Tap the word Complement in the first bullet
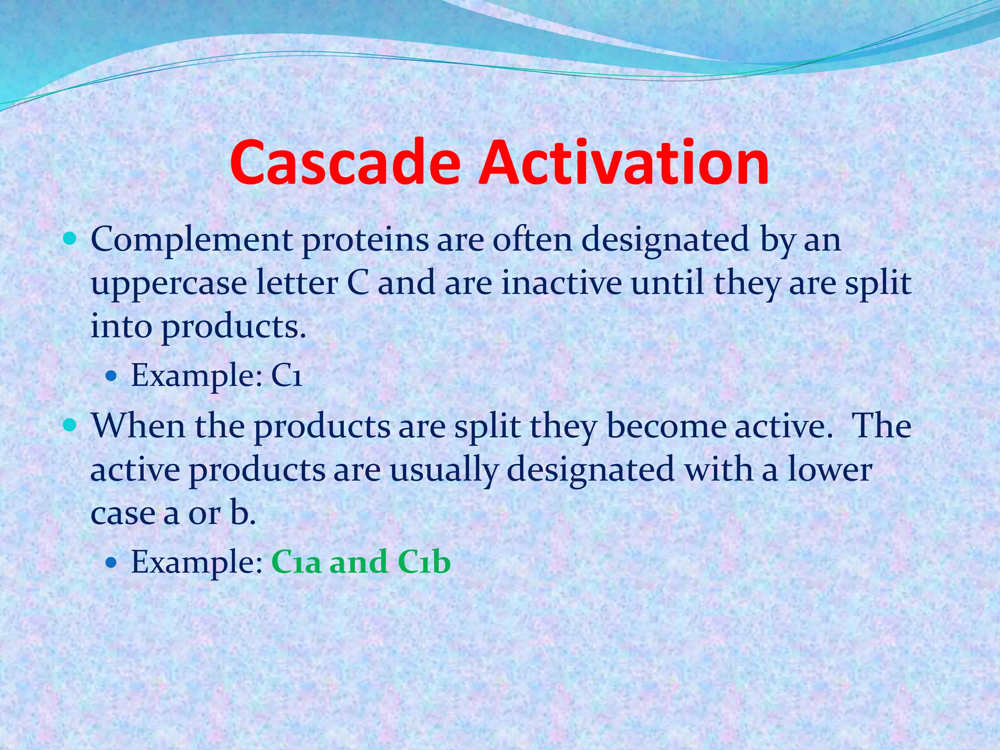click(191, 240)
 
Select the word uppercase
click(168, 284)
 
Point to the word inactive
click(562, 283)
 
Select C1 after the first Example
click(287, 375)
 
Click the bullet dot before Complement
click(70, 239)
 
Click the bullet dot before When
click(70, 425)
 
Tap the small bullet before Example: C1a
click(111, 562)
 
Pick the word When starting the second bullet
click(139, 426)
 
